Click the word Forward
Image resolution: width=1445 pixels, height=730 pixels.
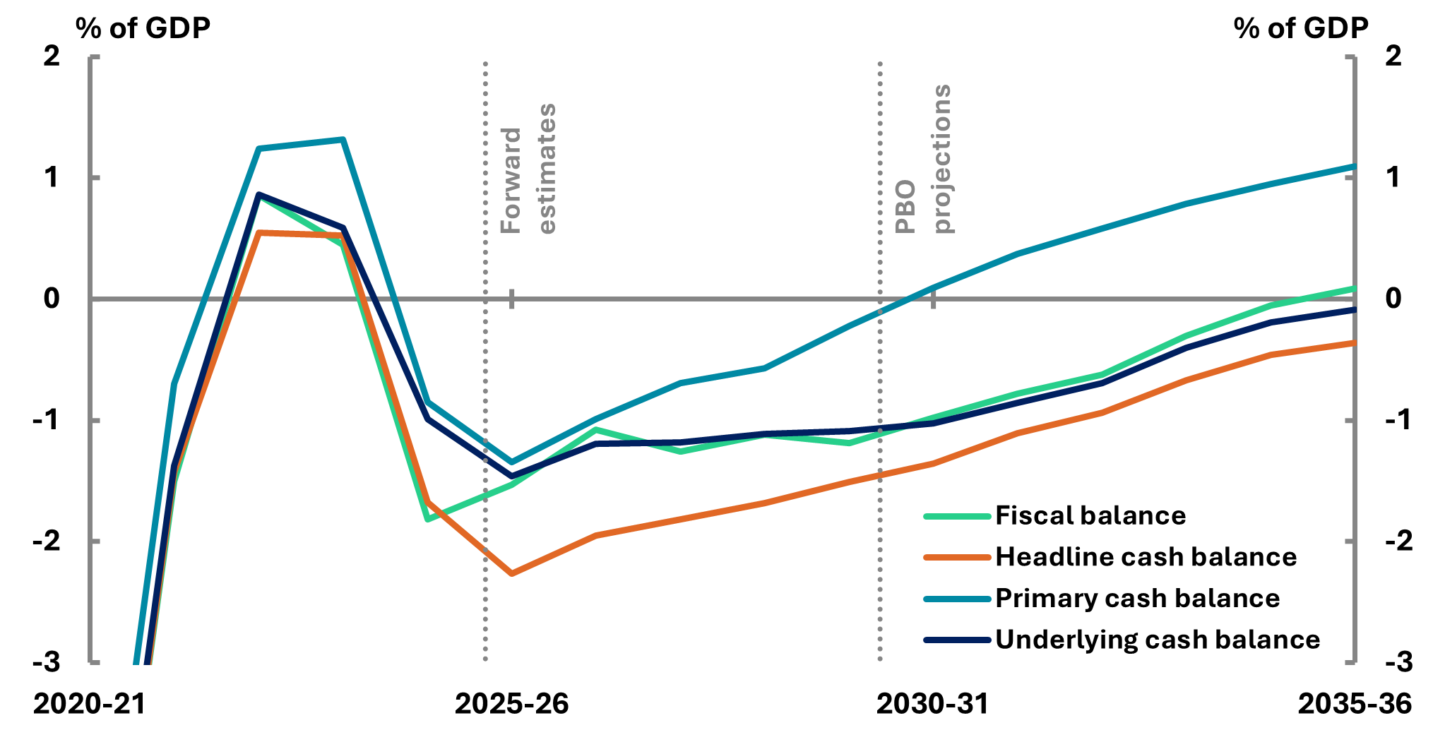click(x=510, y=181)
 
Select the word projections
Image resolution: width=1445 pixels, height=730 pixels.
click(x=943, y=158)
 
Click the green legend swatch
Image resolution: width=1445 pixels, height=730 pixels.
click(x=957, y=516)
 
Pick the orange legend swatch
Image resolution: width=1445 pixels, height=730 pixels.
click(x=957, y=557)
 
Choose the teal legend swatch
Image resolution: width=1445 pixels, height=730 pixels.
click(x=957, y=599)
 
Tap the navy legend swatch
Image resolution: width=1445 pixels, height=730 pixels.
click(x=957, y=640)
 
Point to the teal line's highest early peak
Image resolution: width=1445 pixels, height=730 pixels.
click(x=343, y=140)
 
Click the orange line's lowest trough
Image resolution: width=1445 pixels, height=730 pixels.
click(x=511, y=574)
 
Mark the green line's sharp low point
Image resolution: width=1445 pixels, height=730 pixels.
click(x=427, y=520)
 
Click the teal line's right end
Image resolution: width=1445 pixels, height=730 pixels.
click(x=1353, y=167)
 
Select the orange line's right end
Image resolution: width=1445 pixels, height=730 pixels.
click(x=1353, y=343)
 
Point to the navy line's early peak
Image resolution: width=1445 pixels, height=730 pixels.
click(x=258, y=194)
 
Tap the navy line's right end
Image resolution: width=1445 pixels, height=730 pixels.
click(x=1353, y=310)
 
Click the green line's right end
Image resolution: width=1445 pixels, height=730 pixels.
click(x=1353, y=289)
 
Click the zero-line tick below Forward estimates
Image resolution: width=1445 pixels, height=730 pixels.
click(x=512, y=299)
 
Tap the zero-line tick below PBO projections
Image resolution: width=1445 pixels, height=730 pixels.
click(x=934, y=299)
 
